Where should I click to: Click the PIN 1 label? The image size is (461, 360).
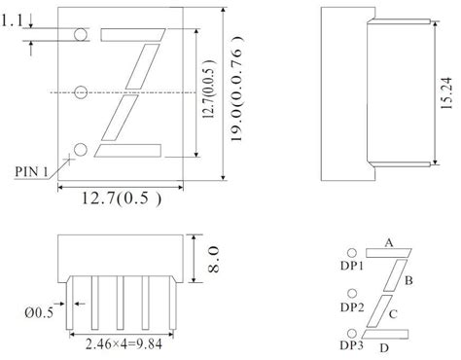pyautogui.click(x=31, y=171)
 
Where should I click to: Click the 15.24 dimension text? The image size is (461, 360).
pyautogui.click(x=446, y=93)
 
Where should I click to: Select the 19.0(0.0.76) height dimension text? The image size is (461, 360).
pyautogui.click(x=237, y=89)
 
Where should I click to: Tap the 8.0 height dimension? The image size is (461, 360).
pyautogui.click(x=213, y=259)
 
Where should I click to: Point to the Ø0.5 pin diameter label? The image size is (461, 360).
pyautogui.click(x=39, y=312)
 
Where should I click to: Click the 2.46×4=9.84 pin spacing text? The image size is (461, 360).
pyautogui.click(x=124, y=344)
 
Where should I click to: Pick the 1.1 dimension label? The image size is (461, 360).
pyautogui.click(x=13, y=21)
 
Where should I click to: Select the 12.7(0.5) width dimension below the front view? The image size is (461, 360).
pyautogui.click(x=121, y=198)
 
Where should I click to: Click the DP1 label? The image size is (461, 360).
pyautogui.click(x=352, y=266)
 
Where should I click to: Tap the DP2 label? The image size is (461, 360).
pyautogui.click(x=352, y=306)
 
